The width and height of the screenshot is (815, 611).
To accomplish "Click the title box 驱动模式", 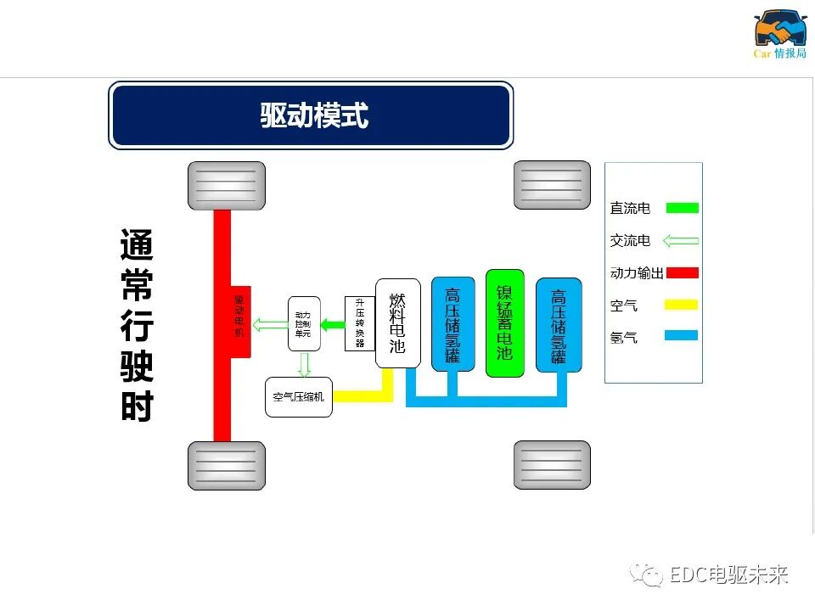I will click(x=311, y=115).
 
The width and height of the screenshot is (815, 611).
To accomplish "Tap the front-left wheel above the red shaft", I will click(x=226, y=186).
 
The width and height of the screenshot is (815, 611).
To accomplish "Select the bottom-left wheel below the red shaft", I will click(x=226, y=465).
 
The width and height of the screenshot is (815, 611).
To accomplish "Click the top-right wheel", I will click(x=552, y=185).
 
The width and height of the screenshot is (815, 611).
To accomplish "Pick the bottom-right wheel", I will click(x=552, y=465).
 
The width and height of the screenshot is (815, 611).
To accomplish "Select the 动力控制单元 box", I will click(x=303, y=323).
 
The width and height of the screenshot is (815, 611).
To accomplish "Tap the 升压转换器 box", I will click(x=359, y=323).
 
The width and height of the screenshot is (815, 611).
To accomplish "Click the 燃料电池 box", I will click(x=397, y=322).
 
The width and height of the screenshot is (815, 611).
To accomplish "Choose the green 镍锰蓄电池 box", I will click(x=504, y=322).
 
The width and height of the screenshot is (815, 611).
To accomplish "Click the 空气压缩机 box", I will click(x=298, y=397).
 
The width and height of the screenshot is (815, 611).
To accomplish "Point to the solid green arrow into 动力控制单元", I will click(x=333, y=323).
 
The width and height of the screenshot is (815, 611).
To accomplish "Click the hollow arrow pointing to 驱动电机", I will click(x=271, y=323).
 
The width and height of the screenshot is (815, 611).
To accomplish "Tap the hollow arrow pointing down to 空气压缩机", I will click(x=304, y=364).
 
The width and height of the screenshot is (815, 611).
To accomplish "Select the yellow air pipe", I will click(x=365, y=396).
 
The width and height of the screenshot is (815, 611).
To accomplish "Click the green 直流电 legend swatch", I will click(x=682, y=208).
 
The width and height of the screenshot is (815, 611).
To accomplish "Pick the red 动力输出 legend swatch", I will click(x=682, y=272).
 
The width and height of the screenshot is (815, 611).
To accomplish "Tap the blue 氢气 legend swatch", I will click(x=682, y=336).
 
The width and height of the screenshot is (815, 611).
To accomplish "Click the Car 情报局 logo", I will click(x=780, y=34).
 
